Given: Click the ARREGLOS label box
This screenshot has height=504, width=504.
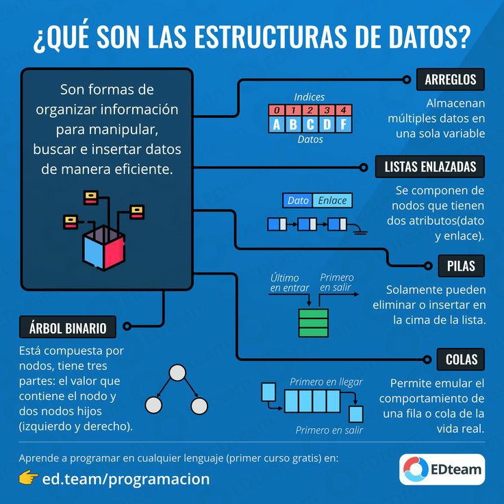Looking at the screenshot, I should pyautogui.click(x=450, y=79).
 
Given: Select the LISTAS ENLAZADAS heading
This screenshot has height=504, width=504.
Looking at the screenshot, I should pyautogui.click(x=430, y=166).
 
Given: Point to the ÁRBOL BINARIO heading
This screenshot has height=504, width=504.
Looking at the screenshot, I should pyautogui.click(x=68, y=327).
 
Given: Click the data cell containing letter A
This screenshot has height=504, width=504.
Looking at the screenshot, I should pyautogui.click(x=276, y=125).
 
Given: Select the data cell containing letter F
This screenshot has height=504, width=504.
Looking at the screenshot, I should pyautogui.click(x=343, y=125).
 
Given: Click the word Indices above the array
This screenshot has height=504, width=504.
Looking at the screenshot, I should pyautogui.click(x=310, y=97).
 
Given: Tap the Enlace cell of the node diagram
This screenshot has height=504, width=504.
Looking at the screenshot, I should pyautogui.click(x=333, y=201).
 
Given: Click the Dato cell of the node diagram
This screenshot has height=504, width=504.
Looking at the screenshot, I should pyautogui.click(x=298, y=201).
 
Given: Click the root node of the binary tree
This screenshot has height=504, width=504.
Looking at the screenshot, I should pyautogui.click(x=177, y=373).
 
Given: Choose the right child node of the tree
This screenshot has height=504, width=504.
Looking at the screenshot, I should pyautogui.click(x=199, y=405).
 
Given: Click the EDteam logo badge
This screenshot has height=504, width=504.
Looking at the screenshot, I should pyautogui.click(x=442, y=469).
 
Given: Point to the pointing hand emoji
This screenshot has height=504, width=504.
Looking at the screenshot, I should pyautogui.click(x=27, y=478).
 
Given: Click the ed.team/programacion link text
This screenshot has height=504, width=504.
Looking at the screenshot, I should pyautogui.click(x=126, y=479).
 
